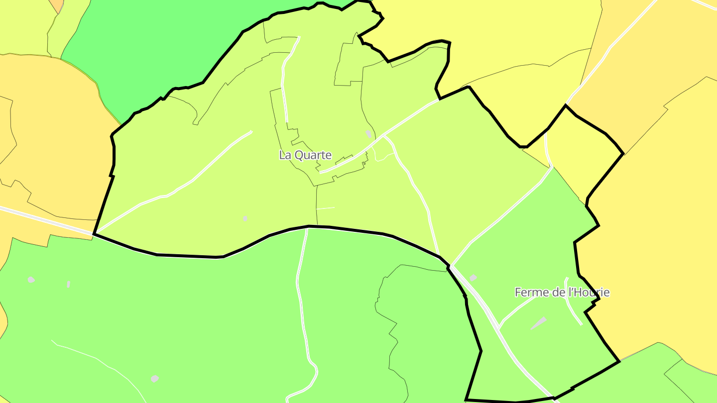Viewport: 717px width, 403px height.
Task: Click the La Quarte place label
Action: click(305, 155)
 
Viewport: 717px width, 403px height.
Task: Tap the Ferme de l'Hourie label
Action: click(562, 293)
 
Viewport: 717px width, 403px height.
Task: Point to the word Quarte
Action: click(313, 155)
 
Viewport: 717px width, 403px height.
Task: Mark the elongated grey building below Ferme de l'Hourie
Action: click(538, 323)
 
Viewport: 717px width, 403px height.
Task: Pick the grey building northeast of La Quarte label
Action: click(368, 133)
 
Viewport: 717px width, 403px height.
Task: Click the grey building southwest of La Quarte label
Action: click(245, 218)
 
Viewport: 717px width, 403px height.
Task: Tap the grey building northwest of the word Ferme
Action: click(473, 278)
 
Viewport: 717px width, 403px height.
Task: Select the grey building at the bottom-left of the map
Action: click(155, 379)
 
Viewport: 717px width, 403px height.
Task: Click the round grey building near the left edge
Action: click(31, 280)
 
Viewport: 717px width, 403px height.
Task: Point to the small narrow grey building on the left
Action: click(68, 284)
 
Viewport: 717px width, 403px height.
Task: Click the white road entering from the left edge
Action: click(30, 214)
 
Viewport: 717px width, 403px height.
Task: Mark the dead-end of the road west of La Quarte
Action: click(251, 132)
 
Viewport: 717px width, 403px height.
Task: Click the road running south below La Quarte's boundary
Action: click(301, 289)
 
